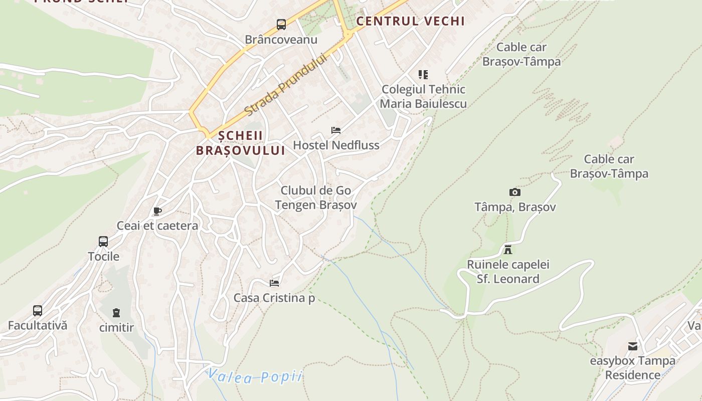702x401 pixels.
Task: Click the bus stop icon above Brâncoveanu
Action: (281, 25)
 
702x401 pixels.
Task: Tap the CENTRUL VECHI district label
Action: (410, 21)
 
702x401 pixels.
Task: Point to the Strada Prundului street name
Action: (286, 84)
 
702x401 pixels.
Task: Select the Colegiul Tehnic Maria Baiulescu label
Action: (424, 97)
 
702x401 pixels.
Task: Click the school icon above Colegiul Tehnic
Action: (423, 75)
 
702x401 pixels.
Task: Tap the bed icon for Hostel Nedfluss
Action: (336, 130)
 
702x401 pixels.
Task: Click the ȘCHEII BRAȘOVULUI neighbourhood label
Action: (240, 143)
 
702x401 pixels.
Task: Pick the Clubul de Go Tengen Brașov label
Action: (316, 198)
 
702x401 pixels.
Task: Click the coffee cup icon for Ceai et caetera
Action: (157, 211)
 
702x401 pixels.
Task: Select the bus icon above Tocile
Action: (103, 242)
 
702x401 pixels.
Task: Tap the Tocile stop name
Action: (104, 257)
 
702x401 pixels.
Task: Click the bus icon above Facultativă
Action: (38, 310)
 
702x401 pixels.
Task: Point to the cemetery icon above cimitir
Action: (116, 313)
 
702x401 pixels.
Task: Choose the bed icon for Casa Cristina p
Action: (274, 283)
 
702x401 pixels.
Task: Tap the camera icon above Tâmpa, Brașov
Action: (514, 192)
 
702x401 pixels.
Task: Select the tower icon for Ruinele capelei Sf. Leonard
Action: (508, 249)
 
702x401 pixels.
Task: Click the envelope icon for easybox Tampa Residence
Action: (633, 346)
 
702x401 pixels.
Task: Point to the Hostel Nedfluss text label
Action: (336, 145)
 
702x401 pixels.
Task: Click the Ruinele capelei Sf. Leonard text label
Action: (508, 272)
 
